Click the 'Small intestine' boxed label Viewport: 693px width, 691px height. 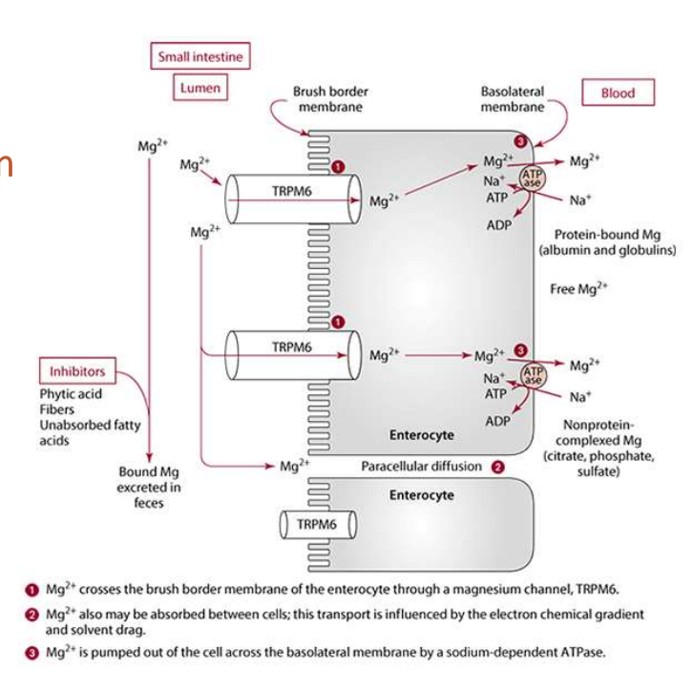coord(200,56)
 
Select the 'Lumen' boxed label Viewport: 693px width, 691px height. coord(200,88)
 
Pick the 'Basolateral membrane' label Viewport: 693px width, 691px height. coord(513,99)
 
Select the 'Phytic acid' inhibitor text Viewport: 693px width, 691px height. coord(71,393)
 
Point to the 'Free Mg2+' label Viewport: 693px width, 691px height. coord(579,288)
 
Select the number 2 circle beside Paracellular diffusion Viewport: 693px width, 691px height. coord(497,467)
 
